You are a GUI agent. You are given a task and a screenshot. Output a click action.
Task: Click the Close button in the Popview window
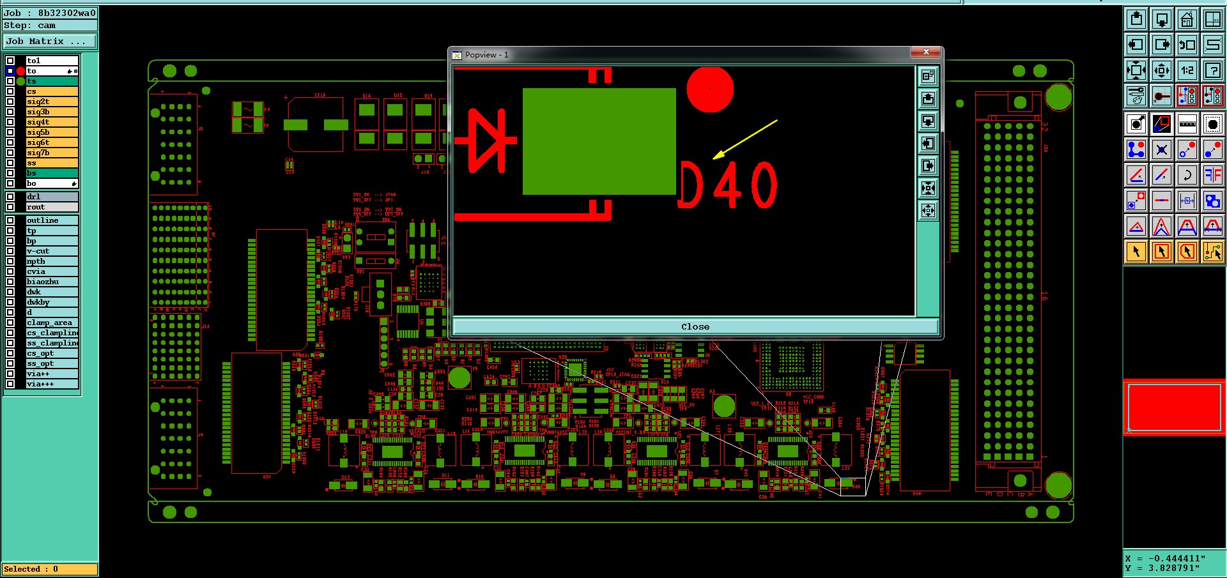(695, 327)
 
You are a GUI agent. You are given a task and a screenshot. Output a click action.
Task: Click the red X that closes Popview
(925, 52)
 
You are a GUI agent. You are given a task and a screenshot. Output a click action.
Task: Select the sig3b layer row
(51, 112)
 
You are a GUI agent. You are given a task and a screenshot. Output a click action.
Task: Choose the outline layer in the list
(51, 220)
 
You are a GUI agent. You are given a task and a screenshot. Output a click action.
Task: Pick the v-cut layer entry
(51, 251)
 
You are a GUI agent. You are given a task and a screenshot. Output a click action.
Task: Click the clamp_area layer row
(51, 323)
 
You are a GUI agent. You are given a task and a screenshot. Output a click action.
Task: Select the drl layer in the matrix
(51, 197)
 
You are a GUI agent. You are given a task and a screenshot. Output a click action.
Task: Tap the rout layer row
(51, 207)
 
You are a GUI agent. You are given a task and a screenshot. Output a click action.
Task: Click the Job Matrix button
(50, 42)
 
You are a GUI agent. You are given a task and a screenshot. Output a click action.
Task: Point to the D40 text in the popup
(727, 185)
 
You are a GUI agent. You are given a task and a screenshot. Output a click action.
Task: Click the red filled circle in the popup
(710, 89)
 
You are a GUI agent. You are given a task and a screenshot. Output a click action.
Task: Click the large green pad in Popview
(599, 141)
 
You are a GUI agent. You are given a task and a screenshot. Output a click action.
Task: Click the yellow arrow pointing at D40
(745, 139)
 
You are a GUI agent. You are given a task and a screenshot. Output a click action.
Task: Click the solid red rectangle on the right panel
(1174, 407)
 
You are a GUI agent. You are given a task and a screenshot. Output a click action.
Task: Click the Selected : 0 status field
(50, 569)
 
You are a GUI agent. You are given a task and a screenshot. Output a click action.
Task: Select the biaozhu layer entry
(51, 282)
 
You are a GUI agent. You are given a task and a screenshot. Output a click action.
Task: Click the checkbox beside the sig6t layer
(10, 142)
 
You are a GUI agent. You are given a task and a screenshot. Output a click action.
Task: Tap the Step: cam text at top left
(30, 26)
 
